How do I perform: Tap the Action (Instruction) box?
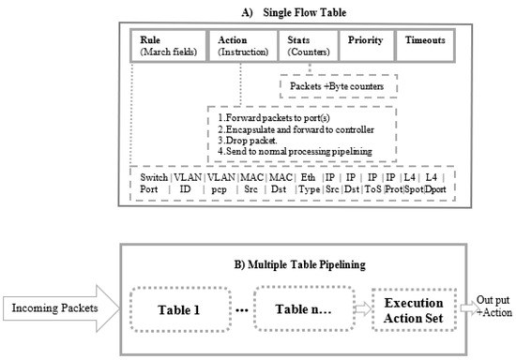point(244,46)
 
